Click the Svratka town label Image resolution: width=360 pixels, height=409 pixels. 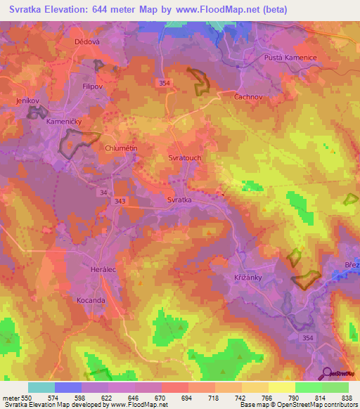point(180,200)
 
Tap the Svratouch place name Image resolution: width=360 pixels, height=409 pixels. point(185,158)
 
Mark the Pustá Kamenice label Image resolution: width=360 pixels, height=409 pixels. point(290,57)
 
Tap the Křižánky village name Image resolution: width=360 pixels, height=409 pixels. point(248,278)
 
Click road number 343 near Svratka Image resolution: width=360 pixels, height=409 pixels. point(120,202)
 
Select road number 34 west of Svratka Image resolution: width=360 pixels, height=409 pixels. point(103,191)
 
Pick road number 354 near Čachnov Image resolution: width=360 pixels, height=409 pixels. point(165,83)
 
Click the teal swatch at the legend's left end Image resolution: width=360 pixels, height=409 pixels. point(41,387)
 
